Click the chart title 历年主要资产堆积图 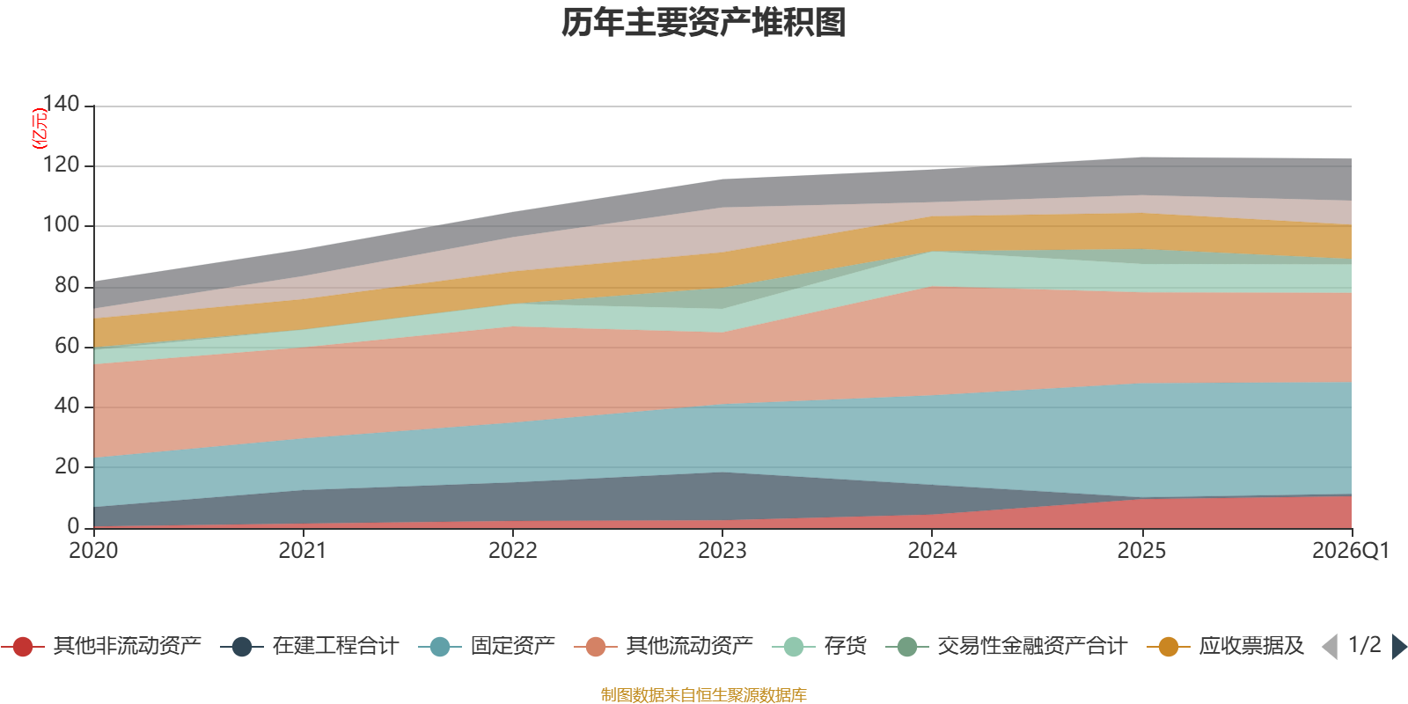click(x=703, y=23)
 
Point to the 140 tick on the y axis click(x=61, y=104)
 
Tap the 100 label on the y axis click(x=61, y=224)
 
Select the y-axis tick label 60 click(x=67, y=346)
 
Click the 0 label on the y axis click(x=73, y=526)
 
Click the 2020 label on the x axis click(x=93, y=551)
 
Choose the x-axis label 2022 click(x=513, y=551)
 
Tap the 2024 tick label click(x=932, y=551)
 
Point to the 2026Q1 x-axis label click(x=1351, y=551)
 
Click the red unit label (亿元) click(x=39, y=128)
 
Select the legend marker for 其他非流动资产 click(x=23, y=646)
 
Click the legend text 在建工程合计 click(x=335, y=646)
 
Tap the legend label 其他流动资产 click(x=690, y=646)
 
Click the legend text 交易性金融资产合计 click(x=1032, y=646)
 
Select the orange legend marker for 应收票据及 click(x=1169, y=646)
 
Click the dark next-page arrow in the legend click(x=1399, y=646)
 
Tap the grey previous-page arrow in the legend click(x=1330, y=646)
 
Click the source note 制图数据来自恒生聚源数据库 click(x=703, y=694)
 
